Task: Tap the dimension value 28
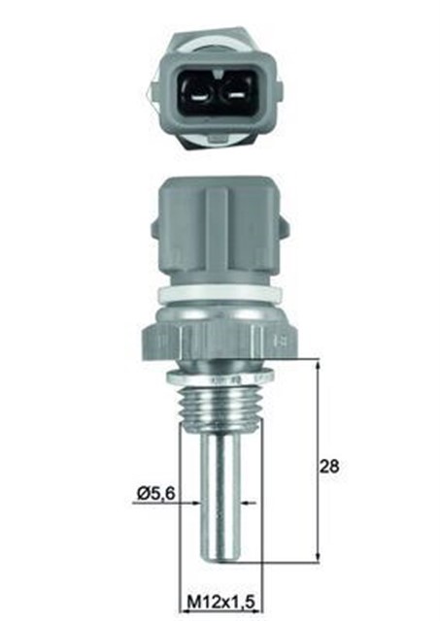(x=330, y=467)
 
